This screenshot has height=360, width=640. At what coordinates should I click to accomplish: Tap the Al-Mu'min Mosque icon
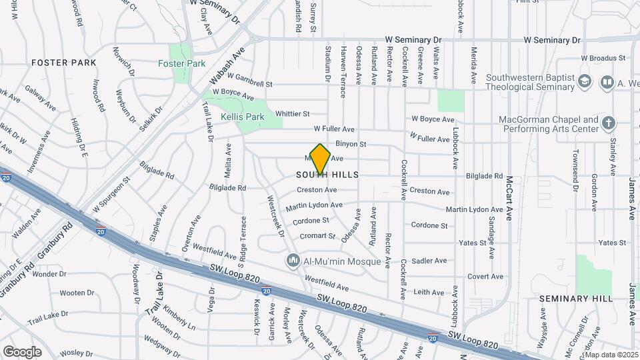pyautogui.click(x=292, y=261)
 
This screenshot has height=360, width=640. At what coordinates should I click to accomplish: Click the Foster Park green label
pyautogui.click(x=181, y=63)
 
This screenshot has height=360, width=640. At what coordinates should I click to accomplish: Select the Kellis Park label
pyautogui.click(x=242, y=117)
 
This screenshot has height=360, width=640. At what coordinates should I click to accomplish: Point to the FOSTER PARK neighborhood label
pyautogui.click(x=63, y=63)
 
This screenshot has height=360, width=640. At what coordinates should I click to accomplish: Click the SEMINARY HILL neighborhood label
pyautogui.click(x=575, y=299)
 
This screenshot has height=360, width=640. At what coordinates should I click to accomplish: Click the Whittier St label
pyautogui.click(x=293, y=114)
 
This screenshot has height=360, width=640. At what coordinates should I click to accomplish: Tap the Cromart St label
pyautogui.click(x=317, y=236)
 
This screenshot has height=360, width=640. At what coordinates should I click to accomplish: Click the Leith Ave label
pyautogui.click(x=429, y=292)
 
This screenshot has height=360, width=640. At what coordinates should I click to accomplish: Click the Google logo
pyautogui.click(x=22, y=351)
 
